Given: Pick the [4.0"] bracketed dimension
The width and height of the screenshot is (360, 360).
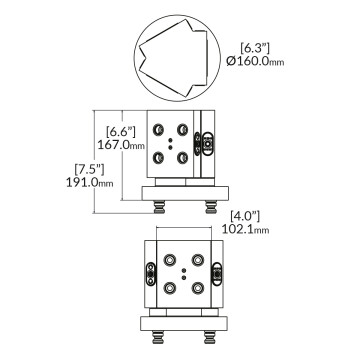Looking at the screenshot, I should pos(245,214).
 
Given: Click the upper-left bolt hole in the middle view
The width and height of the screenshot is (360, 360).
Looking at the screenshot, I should pos(159,129).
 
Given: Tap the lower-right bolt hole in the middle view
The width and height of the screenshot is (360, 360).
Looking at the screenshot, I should pos(184,155).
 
